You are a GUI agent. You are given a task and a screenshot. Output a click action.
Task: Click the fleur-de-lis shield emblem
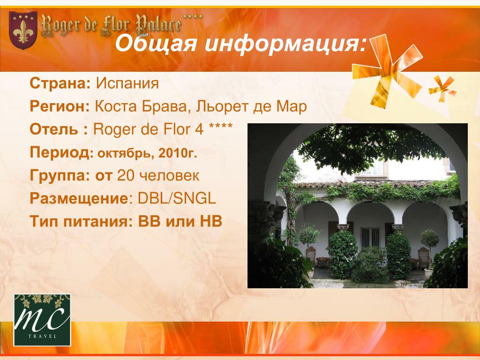point(23,30)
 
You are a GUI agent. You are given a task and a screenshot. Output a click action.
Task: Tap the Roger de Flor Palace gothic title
point(112,26)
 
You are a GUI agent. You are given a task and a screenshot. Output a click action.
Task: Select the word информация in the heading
point(285,44)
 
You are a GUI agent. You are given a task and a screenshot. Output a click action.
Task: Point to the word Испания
point(127,83)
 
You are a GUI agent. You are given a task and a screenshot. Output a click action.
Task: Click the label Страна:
point(60,83)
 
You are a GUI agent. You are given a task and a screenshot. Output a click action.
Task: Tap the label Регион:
point(60,107)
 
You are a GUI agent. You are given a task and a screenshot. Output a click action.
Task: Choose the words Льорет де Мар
point(251,107)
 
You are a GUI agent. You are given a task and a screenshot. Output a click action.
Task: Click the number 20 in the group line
point(126,175)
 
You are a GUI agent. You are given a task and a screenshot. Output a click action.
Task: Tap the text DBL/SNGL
point(177,198)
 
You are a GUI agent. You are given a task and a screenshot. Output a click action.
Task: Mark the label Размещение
point(79,199)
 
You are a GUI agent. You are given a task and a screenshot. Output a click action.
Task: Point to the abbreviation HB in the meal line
point(211,221)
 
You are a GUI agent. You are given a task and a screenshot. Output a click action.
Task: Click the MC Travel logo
point(42,320)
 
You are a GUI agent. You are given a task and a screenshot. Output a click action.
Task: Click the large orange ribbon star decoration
point(388,70)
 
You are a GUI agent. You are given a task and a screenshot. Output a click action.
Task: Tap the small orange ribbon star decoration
point(442,89)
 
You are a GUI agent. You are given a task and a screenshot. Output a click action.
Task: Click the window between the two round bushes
point(370,238)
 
